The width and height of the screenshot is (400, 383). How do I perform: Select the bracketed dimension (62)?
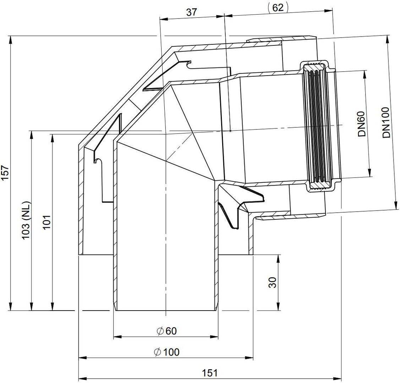pos(278,7)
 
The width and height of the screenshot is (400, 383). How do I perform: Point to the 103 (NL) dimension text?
pos(26,220)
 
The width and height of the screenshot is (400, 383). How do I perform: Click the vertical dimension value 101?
pos(47,222)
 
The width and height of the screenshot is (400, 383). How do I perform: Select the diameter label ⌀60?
pos(166,331)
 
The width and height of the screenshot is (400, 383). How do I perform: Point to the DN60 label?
pos(362,124)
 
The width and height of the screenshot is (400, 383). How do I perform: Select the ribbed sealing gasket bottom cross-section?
pos(318,185)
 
